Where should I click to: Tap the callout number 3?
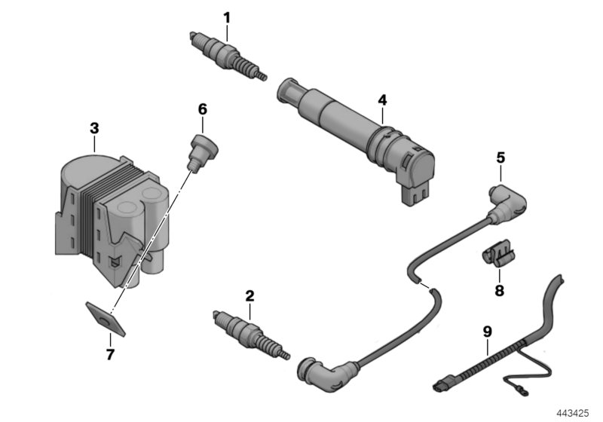(94, 128)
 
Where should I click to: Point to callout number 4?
(382, 99)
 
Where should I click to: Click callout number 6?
(202, 109)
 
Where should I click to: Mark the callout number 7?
(110, 353)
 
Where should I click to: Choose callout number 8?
(500, 289)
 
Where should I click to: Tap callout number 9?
(487, 329)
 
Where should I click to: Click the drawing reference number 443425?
(574, 411)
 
